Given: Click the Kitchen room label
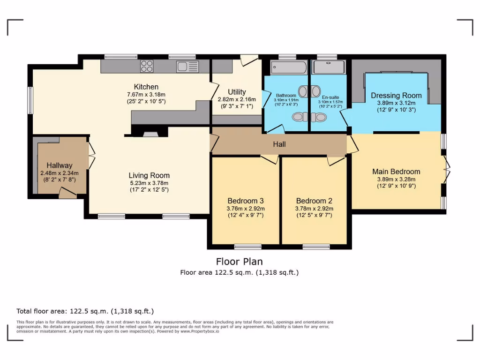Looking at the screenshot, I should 146,87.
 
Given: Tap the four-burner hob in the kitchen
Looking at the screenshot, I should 147,66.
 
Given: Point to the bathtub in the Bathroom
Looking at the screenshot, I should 288,67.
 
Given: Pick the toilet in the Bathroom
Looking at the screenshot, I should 298,117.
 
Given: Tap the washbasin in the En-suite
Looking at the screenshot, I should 315,90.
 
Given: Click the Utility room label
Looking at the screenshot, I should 237,92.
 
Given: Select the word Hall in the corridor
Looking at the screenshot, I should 279,144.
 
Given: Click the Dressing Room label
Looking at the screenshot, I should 396,96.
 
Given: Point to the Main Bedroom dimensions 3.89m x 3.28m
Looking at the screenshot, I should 396,179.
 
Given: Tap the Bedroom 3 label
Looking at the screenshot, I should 246,201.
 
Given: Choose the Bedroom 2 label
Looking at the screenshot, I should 314,201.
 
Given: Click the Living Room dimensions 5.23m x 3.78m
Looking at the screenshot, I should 150,183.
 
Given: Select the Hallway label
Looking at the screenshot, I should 60,165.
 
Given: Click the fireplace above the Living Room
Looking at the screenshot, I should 150,134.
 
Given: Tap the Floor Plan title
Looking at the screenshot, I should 239,262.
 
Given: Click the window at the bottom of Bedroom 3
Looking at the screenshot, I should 247,247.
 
